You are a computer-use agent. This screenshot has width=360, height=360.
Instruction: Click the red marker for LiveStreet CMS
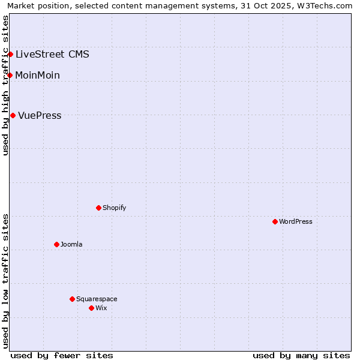pyautogui.click(x=10, y=54)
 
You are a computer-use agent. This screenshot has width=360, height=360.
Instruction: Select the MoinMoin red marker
pyautogui.click(x=10, y=75)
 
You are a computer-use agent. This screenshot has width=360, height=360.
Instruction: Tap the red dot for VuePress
pyautogui.click(x=13, y=115)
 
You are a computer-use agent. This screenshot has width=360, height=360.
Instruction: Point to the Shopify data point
pyautogui.click(x=99, y=208)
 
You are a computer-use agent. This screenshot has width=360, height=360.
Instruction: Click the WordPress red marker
pyautogui.click(x=275, y=221)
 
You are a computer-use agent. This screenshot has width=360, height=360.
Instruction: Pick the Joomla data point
pyautogui.click(x=57, y=244)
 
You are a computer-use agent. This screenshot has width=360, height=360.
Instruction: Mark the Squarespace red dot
pyautogui.click(x=73, y=299)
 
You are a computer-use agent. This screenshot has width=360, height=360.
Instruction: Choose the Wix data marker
pyautogui.click(x=92, y=308)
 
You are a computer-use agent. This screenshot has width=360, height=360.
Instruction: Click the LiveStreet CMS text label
pyautogui.click(x=52, y=55)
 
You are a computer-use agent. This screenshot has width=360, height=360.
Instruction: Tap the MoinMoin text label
pyautogui.click(x=37, y=76)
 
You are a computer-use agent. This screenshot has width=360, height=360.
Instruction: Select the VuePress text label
pyautogui.click(x=40, y=116)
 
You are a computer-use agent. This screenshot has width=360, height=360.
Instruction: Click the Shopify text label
pyautogui.click(x=114, y=208)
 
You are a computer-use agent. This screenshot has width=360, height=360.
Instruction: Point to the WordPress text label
pyautogui.click(x=295, y=221)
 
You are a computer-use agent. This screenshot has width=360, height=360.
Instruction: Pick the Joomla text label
pyautogui.click(x=71, y=244)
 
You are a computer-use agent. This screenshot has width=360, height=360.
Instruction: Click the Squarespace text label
pyautogui.click(x=97, y=299)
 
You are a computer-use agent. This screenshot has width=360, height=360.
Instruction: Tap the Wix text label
pyautogui.click(x=101, y=308)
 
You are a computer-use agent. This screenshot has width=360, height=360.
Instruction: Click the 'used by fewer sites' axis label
pyautogui.click(x=62, y=355)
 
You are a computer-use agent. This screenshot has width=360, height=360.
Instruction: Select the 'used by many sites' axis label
pyautogui.click(x=301, y=355)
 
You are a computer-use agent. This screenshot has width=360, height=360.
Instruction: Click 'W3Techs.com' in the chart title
pyautogui.click(x=327, y=5)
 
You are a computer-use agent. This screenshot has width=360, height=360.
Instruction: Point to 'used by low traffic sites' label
pyautogui.click(x=6, y=281)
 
